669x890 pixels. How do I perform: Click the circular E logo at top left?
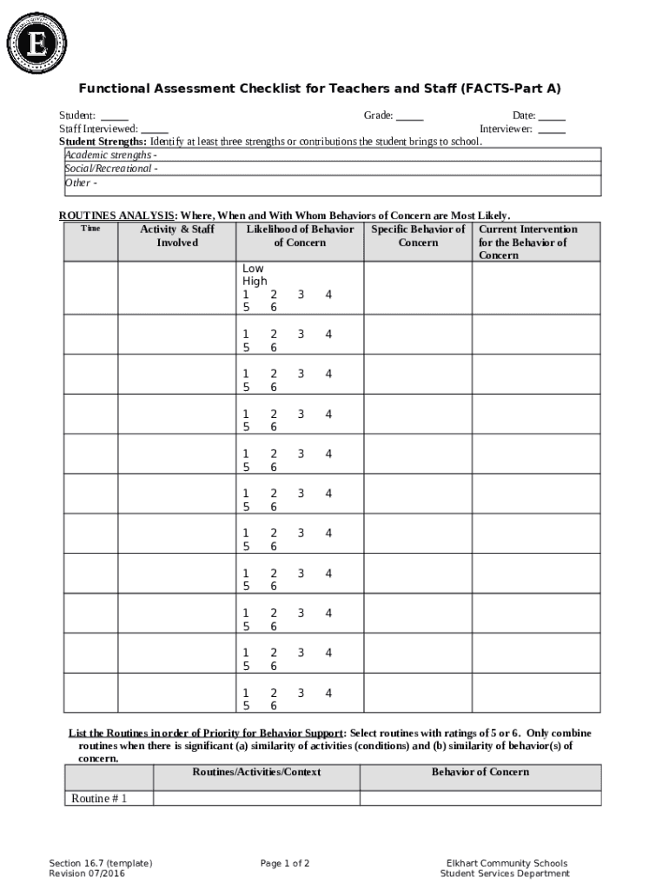click(36, 41)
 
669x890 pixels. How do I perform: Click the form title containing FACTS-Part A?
click(320, 89)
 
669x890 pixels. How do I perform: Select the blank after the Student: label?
click(115, 116)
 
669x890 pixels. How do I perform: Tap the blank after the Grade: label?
click(410, 116)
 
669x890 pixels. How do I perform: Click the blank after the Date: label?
click(552, 116)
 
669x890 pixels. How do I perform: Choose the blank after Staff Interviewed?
click(155, 129)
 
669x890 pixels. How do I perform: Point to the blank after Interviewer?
click(552, 129)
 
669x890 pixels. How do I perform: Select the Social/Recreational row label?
click(111, 169)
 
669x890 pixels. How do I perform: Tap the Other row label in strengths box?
click(81, 183)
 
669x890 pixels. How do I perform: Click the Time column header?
click(90, 229)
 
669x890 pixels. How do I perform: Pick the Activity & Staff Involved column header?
click(177, 236)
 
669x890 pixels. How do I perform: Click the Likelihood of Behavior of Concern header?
click(300, 236)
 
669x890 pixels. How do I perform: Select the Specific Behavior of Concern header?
click(418, 236)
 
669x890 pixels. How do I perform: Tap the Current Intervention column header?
click(527, 242)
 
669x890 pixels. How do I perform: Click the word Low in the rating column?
click(253, 269)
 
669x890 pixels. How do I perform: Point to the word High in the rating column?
click(255, 282)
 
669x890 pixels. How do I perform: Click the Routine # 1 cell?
click(99, 798)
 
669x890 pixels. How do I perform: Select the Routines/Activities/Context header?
click(256, 772)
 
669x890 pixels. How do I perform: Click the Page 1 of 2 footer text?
click(285, 863)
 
